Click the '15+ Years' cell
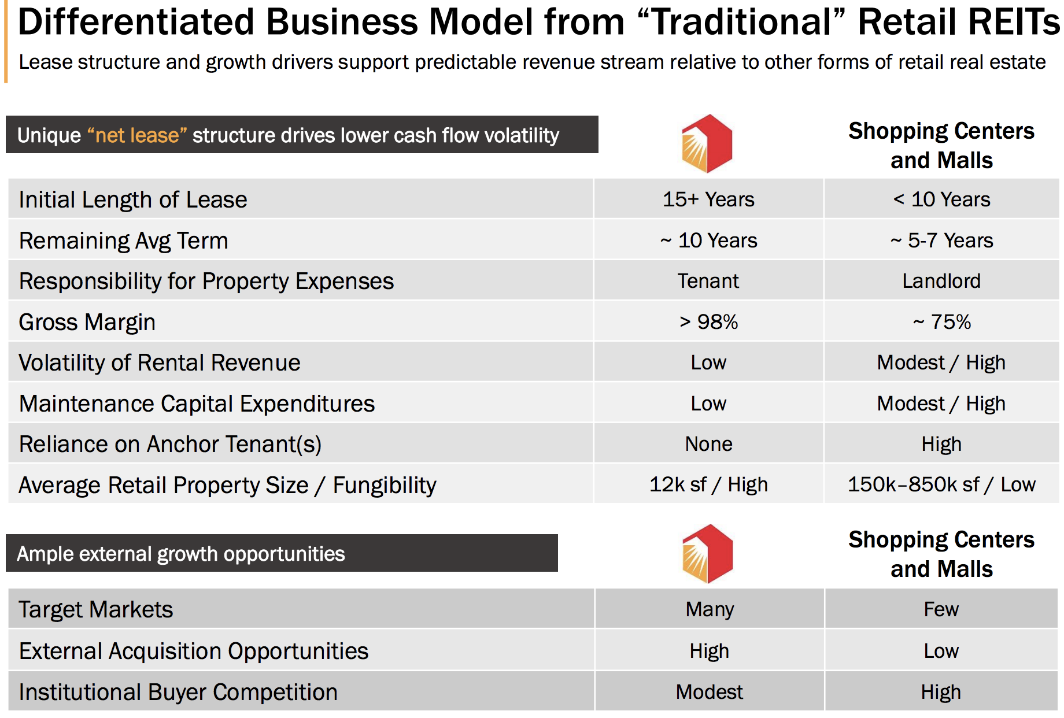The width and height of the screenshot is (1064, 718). click(x=708, y=199)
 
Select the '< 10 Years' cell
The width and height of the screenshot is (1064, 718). click(x=941, y=199)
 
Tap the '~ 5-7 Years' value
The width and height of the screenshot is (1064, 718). click(x=941, y=240)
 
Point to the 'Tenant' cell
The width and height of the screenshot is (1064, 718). click(x=708, y=281)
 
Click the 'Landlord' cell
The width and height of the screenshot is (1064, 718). click(x=941, y=281)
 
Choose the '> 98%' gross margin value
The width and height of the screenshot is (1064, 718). click(x=708, y=322)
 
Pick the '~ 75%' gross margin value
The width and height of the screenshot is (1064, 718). click(x=941, y=322)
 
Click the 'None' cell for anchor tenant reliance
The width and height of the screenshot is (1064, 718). click(x=708, y=444)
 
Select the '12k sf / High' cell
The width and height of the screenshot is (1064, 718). click(x=708, y=484)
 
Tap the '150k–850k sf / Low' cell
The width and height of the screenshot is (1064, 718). click(x=941, y=484)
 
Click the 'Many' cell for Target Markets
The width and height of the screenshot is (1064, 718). click(x=710, y=609)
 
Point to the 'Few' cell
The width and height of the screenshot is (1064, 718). click(x=941, y=609)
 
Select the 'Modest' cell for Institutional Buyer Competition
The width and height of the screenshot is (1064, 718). click(x=710, y=692)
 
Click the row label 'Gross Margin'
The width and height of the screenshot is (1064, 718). click(x=87, y=322)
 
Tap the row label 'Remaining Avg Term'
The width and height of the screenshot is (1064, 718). click(x=124, y=240)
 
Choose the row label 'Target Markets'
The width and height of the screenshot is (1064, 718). click(x=96, y=610)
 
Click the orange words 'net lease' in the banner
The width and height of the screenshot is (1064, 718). click(x=137, y=135)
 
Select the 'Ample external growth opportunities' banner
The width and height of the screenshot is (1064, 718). click(x=282, y=553)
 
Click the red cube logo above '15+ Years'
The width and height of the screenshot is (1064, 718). click(x=707, y=143)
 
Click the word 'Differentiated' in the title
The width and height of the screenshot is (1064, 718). click(x=136, y=22)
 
